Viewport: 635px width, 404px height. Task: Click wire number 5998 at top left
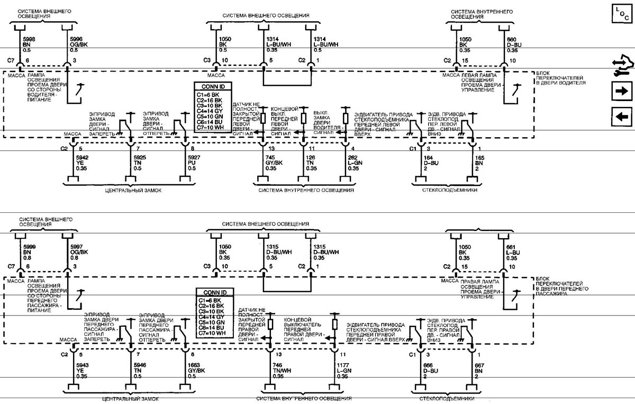pyautogui.click(x=29, y=40)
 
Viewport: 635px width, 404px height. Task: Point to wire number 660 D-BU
pyautogui.click(x=513, y=40)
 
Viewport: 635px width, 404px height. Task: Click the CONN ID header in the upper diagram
pyautogui.click(x=213, y=87)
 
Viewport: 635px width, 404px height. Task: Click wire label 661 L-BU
pyautogui.click(x=513, y=246)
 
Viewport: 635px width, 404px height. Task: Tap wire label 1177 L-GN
pyautogui.click(x=343, y=364)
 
